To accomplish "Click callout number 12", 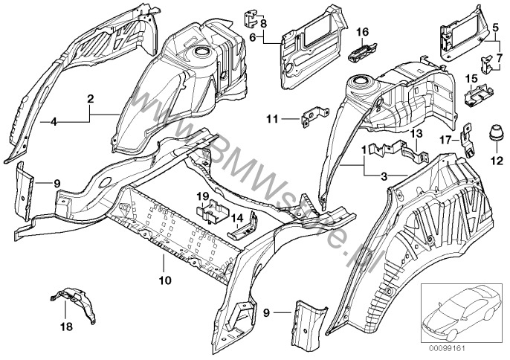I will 493,159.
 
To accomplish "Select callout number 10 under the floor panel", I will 164,280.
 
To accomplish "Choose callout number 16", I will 362,31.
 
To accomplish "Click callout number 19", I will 201,196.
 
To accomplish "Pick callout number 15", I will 471,77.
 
